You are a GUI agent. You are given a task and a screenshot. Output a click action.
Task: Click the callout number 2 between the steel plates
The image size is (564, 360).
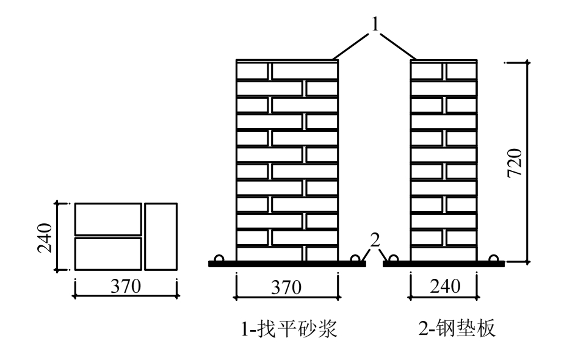coord(375,240)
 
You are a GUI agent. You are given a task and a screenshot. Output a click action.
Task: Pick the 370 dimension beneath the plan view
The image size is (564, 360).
coord(125,286)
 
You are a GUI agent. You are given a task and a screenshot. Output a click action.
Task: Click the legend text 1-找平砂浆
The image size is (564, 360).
coord(287,331)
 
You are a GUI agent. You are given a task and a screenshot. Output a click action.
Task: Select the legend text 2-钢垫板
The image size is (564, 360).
coord(459,331)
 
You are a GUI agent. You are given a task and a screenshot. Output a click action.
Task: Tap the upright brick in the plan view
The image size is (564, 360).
coord(161,237)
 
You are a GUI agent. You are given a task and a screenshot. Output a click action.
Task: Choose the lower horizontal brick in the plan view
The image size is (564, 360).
coord(108,254)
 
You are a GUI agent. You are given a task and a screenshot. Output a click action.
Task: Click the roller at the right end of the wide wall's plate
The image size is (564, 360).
coord(355,259)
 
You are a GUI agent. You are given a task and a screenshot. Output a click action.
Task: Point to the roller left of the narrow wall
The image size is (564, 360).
coord(394,259)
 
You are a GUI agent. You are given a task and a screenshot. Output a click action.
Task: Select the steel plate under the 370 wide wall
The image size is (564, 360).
coord(287,264)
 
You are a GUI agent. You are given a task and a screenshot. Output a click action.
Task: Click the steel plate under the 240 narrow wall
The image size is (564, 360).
coord(444,264)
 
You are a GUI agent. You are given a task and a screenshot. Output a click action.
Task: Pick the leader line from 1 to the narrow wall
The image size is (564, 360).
coord(400,44)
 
